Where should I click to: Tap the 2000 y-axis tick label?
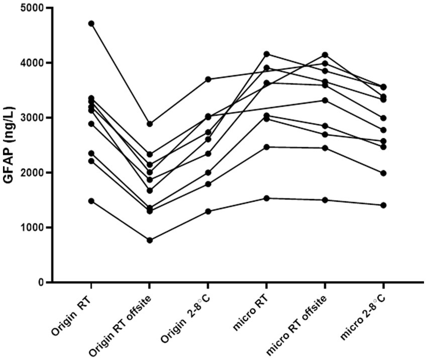[x=32, y=173]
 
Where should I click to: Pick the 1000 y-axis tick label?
[x=32, y=228]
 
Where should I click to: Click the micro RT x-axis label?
[x=251, y=314]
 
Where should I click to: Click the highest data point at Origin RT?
[x=91, y=24]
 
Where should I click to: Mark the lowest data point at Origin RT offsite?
[x=149, y=240]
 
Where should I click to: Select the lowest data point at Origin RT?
[x=91, y=201]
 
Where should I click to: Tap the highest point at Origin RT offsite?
[x=149, y=124]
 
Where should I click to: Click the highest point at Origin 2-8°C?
[x=208, y=79]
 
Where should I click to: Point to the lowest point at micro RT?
[x=267, y=199]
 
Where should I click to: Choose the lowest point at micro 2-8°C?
[x=383, y=205]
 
